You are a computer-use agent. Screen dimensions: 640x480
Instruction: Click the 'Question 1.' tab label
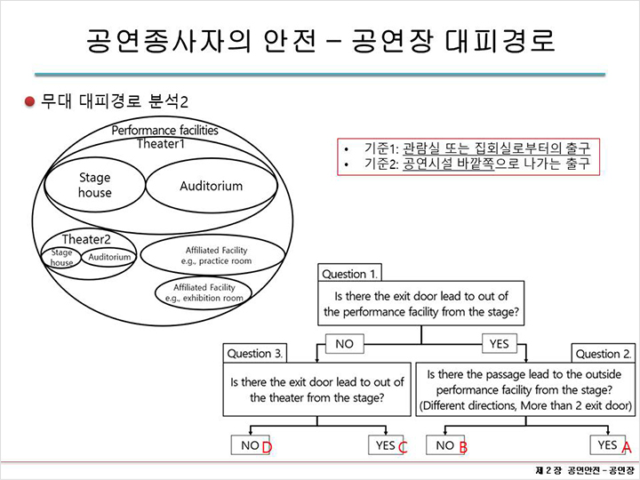pyautogui.click(x=350, y=274)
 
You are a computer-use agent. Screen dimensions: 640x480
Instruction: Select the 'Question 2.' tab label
pyautogui.click(x=604, y=354)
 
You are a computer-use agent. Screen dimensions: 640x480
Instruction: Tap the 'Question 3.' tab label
pyautogui.click(x=255, y=354)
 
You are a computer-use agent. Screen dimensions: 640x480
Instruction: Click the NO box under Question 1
pyautogui.click(x=345, y=344)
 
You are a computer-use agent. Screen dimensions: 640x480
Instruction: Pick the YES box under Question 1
pyautogui.click(x=500, y=344)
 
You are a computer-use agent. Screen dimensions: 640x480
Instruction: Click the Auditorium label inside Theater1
pyautogui.click(x=211, y=186)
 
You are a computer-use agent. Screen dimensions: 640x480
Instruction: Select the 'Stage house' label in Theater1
pyautogui.click(x=95, y=185)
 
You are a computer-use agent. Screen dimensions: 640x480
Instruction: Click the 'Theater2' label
pyautogui.click(x=86, y=239)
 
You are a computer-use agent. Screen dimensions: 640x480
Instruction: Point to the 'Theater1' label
pyautogui.click(x=160, y=144)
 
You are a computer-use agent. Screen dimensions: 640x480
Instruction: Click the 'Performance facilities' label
pyautogui.click(x=164, y=130)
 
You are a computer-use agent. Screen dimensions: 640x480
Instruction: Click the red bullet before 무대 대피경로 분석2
pyautogui.click(x=29, y=101)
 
